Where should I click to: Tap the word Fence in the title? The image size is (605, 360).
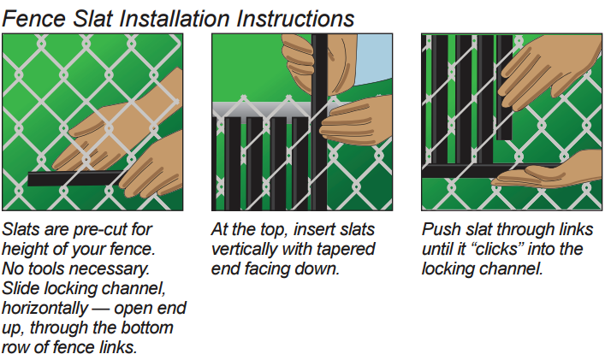click(34, 18)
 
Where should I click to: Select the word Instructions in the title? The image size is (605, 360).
click(295, 18)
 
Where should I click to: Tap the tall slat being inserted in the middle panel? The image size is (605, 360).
click(319, 121)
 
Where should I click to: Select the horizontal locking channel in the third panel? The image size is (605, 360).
click(486, 170)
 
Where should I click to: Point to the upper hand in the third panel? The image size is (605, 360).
click(548, 69)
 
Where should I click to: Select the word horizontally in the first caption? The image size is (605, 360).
click(44, 309)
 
